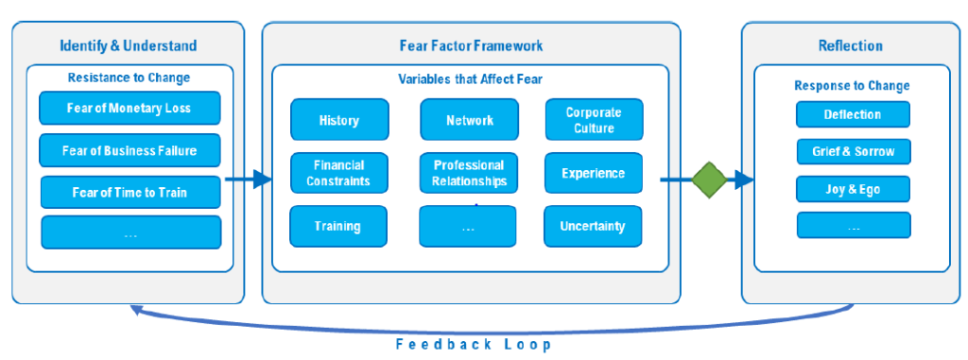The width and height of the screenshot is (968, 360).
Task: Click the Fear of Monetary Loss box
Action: tap(130, 108)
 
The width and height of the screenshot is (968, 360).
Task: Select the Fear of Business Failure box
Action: tap(130, 150)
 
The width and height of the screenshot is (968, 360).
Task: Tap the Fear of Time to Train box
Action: tap(130, 192)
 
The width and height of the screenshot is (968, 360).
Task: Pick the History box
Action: tap(339, 120)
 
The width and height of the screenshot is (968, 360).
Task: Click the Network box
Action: tap(470, 120)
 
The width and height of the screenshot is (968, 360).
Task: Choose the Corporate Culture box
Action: tap(594, 120)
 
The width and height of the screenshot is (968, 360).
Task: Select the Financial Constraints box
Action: tap(339, 173)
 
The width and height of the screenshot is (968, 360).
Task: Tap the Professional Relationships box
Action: tap(469, 173)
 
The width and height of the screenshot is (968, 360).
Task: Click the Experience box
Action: tap(594, 173)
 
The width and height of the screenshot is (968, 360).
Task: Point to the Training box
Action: tap(338, 226)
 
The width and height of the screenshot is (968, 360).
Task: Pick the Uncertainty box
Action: tap(593, 226)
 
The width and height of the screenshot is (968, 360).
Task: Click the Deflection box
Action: tap(853, 114)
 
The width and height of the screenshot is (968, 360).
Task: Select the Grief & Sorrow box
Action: tap(854, 151)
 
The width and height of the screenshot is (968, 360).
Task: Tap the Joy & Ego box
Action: tap(854, 189)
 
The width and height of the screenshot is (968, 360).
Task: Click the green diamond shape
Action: tap(709, 180)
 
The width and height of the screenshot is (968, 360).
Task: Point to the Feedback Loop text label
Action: tap(474, 344)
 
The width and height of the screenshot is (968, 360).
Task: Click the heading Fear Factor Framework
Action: tap(471, 45)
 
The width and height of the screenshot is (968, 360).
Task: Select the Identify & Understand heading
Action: tap(129, 45)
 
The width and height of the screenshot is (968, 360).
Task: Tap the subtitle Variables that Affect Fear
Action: tap(470, 78)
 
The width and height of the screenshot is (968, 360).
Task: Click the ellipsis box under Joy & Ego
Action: tap(854, 226)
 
